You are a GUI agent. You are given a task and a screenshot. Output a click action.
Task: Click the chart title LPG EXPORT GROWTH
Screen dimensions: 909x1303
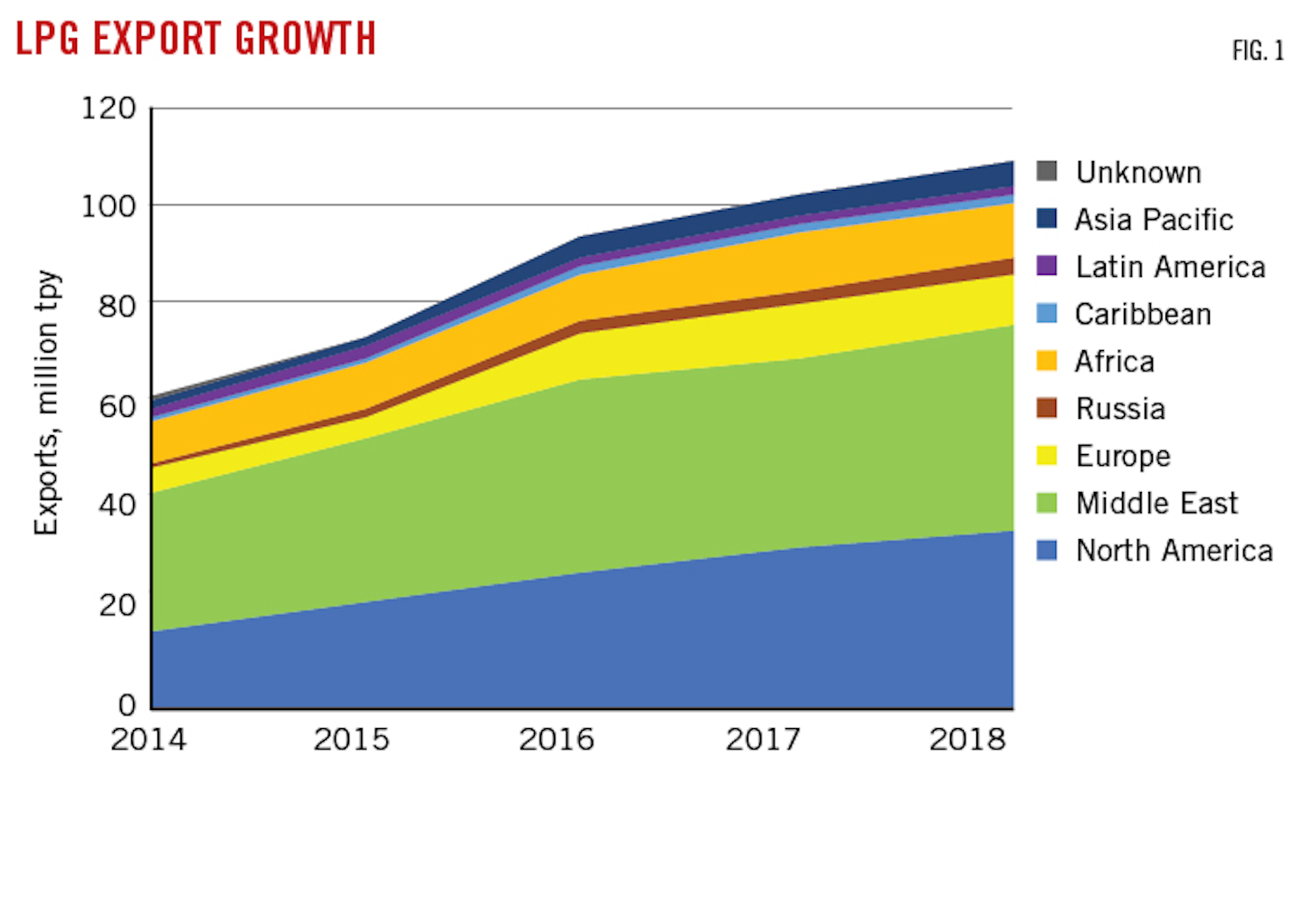pyautogui.click(x=195, y=39)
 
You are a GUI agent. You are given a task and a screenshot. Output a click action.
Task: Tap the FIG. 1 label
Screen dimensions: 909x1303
pyautogui.click(x=1258, y=52)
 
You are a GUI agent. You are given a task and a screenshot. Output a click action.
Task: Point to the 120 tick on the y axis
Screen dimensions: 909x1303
pyautogui.click(x=109, y=109)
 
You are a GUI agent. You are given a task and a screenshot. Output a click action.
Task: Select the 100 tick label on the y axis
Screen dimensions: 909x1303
pyautogui.click(x=109, y=206)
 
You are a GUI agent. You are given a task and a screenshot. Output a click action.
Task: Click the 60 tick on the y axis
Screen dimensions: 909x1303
pyautogui.click(x=117, y=406)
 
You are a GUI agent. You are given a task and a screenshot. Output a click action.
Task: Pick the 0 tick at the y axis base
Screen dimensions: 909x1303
pyautogui.click(x=127, y=705)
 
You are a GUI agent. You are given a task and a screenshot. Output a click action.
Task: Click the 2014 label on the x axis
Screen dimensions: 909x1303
pyautogui.click(x=148, y=740)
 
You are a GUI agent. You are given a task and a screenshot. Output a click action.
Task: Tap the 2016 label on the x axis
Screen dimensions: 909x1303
pyautogui.click(x=556, y=740)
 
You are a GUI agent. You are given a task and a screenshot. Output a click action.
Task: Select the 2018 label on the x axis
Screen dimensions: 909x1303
pyautogui.click(x=967, y=740)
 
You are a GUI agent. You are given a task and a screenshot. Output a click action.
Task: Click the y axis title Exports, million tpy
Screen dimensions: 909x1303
pyautogui.click(x=46, y=402)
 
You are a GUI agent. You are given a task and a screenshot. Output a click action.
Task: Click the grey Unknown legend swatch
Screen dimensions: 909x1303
pyautogui.click(x=1047, y=171)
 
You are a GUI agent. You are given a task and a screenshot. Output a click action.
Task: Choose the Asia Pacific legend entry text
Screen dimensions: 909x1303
pyautogui.click(x=1154, y=220)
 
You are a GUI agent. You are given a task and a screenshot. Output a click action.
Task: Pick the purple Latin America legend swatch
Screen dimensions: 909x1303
pyautogui.click(x=1047, y=266)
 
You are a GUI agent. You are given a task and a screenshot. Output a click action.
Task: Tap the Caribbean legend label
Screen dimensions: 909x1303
pyautogui.click(x=1143, y=315)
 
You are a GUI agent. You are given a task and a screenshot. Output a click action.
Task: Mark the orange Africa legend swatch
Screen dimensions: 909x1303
pyautogui.click(x=1047, y=361)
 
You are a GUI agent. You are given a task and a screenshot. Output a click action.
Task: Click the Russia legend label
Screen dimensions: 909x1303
pyautogui.click(x=1120, y=409)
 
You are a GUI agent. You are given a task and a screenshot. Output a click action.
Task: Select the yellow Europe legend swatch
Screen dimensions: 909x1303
pyautogui.click(x=1047, y=455)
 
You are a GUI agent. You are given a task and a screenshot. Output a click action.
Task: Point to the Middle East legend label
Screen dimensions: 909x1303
pyautogui.click(x=1156, y=503)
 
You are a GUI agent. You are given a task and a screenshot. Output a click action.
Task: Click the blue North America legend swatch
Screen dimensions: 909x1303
pyautogui.click(x=1047, y=550)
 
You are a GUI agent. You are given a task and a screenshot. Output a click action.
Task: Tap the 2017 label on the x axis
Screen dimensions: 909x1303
pyautogui.click(x=763, y=740)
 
